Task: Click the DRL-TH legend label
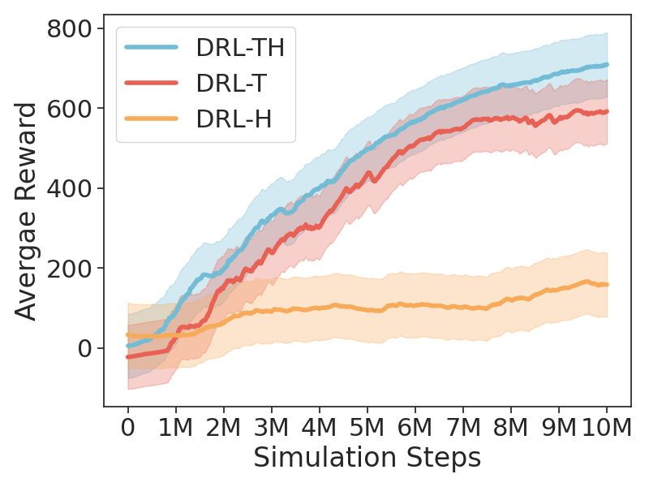tap(239, 48)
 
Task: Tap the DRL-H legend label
tap(233, 119)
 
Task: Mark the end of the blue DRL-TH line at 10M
tap(607, 65)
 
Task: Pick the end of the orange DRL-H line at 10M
tap(607, 285)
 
